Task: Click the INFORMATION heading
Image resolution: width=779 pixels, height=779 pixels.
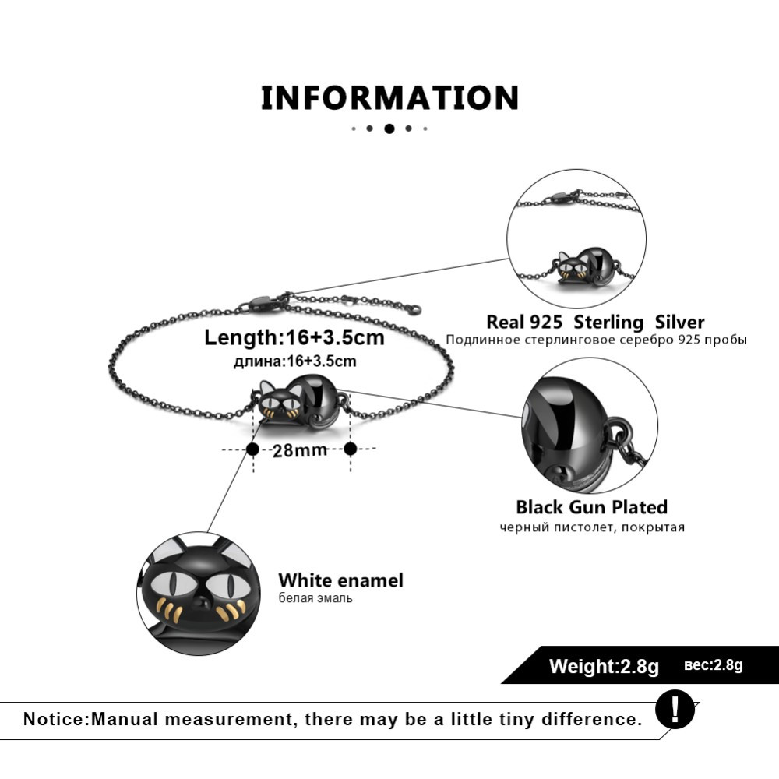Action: pos(389,98)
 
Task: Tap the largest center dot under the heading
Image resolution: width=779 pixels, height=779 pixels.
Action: pos(389,129)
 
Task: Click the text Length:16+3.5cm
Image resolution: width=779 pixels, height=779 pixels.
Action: pos(294,338)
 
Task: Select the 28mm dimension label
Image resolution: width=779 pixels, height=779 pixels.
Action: pos(300,451)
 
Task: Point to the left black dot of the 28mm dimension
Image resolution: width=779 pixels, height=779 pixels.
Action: pos(252,449)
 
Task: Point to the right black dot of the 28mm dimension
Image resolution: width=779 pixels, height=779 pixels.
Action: pos(351,449)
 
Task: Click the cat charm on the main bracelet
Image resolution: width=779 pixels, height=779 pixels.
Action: pos(301,404)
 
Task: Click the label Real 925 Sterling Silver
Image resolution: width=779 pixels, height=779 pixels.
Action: pos(595,323)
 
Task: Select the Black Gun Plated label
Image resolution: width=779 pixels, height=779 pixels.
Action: pos(592,507)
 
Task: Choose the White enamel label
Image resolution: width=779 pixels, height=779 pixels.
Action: pos(341,580)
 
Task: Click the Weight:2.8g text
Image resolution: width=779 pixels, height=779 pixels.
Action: pos(604,666)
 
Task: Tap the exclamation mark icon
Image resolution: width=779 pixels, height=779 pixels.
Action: pos(674,710)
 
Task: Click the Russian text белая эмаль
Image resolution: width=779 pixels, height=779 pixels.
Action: pos(315,598)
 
